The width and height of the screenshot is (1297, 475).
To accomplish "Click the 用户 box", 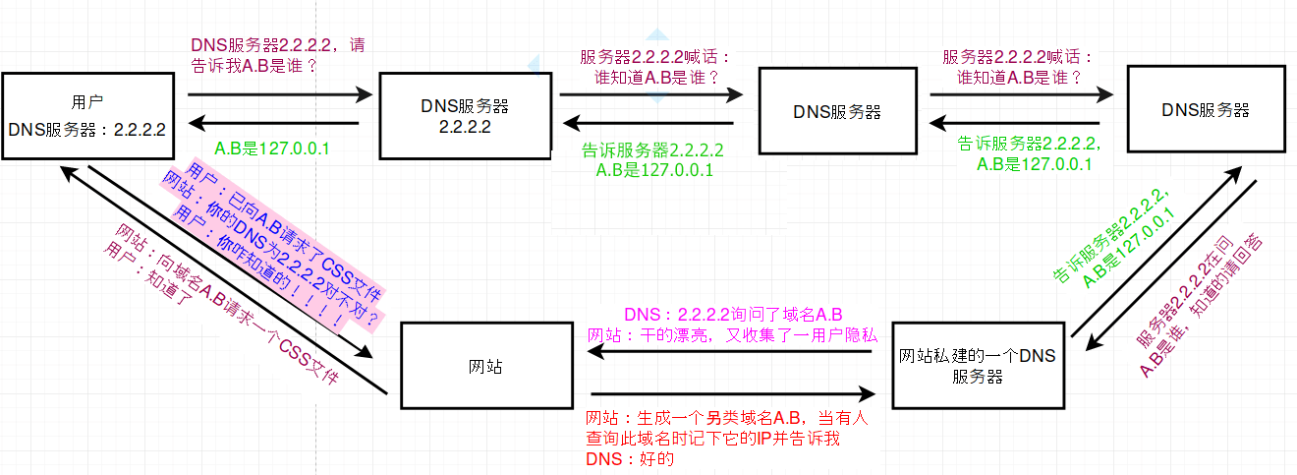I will coord(87,115).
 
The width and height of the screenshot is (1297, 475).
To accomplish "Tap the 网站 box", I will coord(486,365).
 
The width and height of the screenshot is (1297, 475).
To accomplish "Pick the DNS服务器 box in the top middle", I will coord(836,111).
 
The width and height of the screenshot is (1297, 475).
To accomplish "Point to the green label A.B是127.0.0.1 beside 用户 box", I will coord(271,148).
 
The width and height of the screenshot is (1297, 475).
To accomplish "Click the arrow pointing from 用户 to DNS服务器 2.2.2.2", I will coord(279,95).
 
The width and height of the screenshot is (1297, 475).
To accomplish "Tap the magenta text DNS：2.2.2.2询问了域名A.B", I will coord(733,315).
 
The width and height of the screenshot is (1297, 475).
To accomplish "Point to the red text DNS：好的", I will coord(629,459).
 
